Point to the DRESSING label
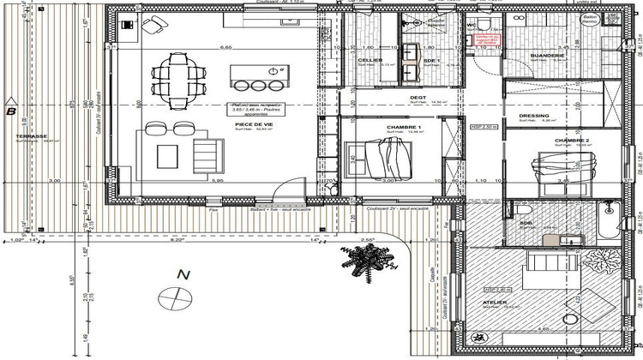[x=534, y=116]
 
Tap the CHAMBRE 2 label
[x=572, y=140]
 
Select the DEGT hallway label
[x=418, y=98]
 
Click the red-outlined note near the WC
[x=488, y=40]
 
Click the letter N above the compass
[x=182, y=275]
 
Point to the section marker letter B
[x=10, y=111]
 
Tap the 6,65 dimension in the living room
[x=227, y=47]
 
